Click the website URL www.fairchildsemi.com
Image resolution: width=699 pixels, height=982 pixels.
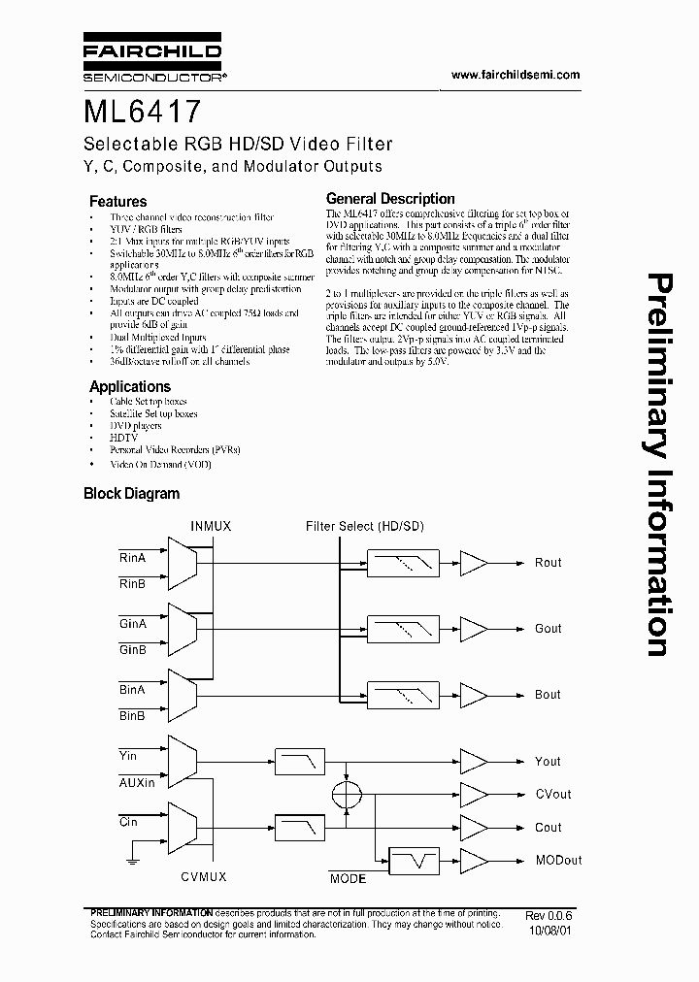point(503,75)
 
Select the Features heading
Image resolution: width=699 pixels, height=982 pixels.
point(117,202)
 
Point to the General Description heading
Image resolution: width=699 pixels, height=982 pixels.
point(390,199)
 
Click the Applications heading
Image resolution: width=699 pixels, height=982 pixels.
point(130,386)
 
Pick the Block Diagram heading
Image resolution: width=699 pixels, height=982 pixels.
point(132,493)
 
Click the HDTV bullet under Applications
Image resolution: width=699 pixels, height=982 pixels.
point(125,438)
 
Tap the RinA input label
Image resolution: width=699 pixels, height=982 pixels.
point(132,558)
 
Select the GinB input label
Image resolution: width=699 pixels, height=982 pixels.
point(132,649)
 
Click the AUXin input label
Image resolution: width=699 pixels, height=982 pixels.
point(137,781)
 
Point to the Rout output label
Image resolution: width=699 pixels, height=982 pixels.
point(548,563)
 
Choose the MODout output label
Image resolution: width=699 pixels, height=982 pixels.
point(558,861)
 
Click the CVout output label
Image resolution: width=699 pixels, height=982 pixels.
point(553,795)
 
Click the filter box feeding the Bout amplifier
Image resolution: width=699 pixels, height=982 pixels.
point(402,695)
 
